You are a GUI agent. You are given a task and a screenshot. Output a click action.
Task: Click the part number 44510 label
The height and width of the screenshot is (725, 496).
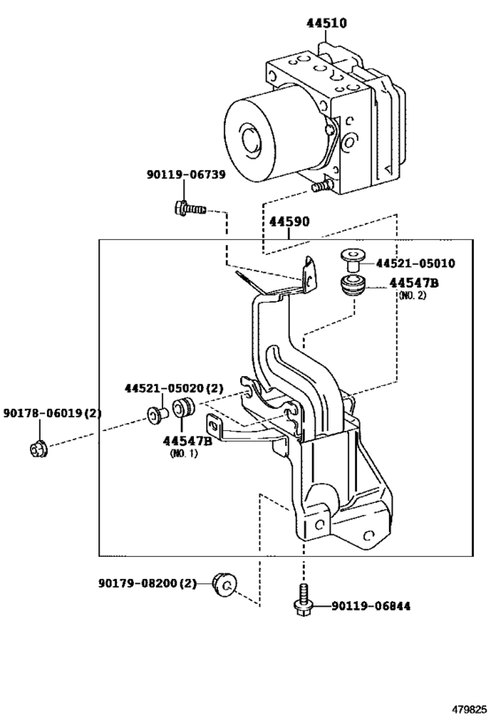tap(326, 23)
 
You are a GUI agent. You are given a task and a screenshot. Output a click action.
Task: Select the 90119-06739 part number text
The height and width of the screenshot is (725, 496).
tap(186, 174)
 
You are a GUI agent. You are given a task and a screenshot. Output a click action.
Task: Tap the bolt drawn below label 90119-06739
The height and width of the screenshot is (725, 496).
tap(190, 209)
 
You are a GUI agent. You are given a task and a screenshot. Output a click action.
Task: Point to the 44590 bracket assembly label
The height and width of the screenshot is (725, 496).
tap(290, 221)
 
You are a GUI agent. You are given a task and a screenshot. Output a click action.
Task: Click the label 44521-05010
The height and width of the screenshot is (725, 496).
tap(415, 264)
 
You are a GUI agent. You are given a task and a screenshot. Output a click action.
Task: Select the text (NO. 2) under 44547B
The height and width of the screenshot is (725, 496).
tap(412, 296)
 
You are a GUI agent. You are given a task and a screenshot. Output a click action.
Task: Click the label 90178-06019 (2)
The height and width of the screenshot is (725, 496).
tap(52, 413)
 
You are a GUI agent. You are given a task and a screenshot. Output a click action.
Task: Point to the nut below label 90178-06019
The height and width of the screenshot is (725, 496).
tap(38, 450)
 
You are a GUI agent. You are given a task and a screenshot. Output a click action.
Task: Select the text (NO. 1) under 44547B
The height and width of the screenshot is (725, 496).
tap(183, 453)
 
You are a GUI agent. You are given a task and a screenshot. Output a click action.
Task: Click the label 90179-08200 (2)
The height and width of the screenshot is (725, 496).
tap(148, 583)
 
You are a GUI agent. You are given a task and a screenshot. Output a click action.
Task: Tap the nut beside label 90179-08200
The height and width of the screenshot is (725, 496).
tap(224, 584)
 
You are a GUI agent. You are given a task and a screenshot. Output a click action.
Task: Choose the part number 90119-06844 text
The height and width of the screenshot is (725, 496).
tap(370, 606)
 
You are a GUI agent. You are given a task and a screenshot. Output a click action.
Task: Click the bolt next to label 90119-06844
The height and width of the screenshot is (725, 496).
tap(302, 600)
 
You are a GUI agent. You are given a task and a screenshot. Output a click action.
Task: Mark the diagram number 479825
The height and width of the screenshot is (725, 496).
tap(469, 709)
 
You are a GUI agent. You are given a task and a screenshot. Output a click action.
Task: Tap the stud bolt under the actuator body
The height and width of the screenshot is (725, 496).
tap(322, 186)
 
